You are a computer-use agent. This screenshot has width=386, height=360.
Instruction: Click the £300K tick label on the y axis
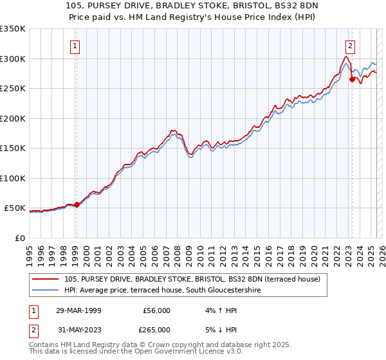tap(13, 59)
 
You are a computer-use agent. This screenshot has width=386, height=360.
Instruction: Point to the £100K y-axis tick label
tap(13, 178)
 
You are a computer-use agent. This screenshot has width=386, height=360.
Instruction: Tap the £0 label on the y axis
tap(19, 238)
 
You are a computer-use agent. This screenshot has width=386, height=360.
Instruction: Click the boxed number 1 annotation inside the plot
tap(76, 46)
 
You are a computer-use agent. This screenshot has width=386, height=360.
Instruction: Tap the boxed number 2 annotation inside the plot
tap(350, 46)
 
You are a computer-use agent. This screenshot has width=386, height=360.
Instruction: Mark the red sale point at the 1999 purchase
tap(77, 204)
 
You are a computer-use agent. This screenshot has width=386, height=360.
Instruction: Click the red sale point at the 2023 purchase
tap(352, 80)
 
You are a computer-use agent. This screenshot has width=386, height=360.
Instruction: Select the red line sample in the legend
tap(46, 279)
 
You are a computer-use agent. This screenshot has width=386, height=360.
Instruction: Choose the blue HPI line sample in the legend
tap(46, 291)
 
